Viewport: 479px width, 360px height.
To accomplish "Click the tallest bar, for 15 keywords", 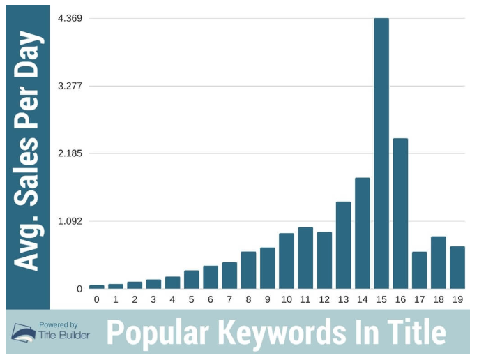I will tap(381, 153).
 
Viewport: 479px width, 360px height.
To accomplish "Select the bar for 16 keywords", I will tap(400, 213).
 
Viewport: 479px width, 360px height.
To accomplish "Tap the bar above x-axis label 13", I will tap(343, 245).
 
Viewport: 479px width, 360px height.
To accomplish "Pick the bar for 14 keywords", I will tap(363, 233).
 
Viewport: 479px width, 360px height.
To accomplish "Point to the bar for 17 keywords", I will tap(419, 270).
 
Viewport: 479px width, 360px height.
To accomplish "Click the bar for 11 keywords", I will tap(305, 257).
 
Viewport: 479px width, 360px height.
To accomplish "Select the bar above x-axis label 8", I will tap(248, 270).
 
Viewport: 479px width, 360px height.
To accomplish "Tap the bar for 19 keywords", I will tap(457, 267).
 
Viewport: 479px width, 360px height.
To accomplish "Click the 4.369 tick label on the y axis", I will tap(70, 18).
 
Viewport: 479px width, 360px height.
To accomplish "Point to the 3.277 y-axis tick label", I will tap(70, 86).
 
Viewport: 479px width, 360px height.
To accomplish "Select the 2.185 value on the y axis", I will tap(70, 153).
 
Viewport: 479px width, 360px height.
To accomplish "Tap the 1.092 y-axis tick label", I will tap(70, 221).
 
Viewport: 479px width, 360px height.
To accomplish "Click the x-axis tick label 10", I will tap(287, 299).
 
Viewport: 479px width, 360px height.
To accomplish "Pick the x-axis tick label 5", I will tap(192, 299).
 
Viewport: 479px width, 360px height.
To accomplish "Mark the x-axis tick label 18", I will tap(438, 299).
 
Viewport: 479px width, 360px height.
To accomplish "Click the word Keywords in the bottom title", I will tap(285, 333).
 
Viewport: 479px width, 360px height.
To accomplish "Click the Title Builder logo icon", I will tap(23, 333).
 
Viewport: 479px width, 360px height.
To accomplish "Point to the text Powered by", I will tap(59, 324).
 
